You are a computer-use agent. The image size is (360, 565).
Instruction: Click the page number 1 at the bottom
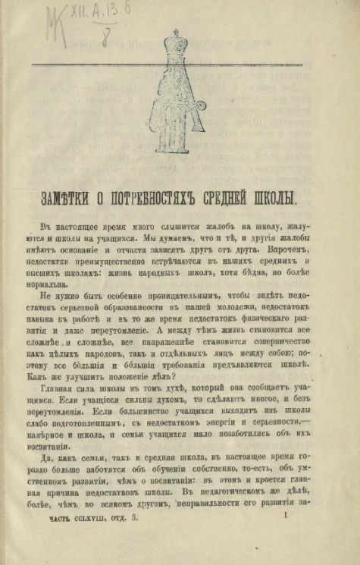tap(282, 537)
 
